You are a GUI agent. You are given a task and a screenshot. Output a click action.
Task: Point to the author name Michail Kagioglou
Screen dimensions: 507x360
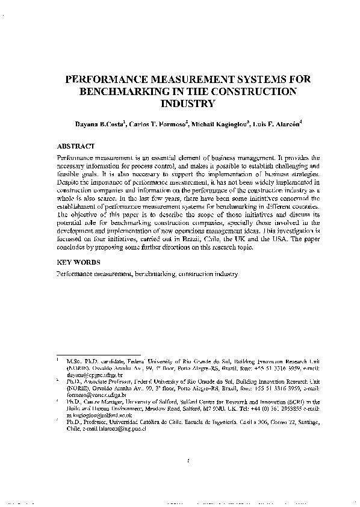tap(218, 125)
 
